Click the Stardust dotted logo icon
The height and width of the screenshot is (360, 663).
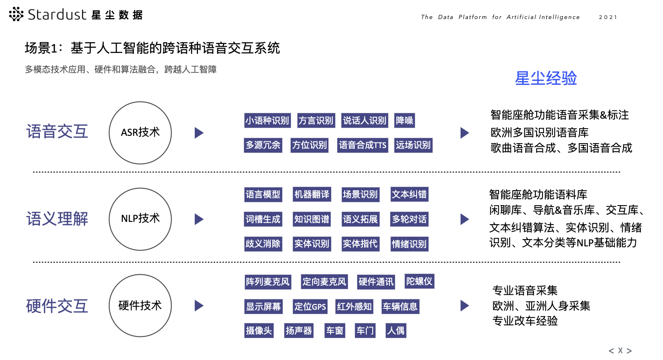(x=16, y=14)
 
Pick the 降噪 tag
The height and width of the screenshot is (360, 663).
(x=404, y=120)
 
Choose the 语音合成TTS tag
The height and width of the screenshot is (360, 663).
(x=363, y=145)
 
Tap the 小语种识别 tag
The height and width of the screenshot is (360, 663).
(x=267, y=120)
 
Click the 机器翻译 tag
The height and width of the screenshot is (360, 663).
(x=312, y=195)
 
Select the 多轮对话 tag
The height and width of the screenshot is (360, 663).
(x=409, y=219)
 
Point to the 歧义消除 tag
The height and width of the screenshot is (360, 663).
(x=263, y=244)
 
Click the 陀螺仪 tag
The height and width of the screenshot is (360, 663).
(x=419, y=281)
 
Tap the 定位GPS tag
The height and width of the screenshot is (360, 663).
(x=310, y=307)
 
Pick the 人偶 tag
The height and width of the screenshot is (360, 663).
(x=396, y=331)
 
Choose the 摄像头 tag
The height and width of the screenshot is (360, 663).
(x=259, y=331)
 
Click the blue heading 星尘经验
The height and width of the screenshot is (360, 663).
(x=546, y=78)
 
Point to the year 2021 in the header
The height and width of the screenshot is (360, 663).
(x=608, y=17)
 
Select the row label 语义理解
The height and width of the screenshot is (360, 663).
(x=57, y=219)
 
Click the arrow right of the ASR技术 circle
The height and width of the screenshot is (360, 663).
(x=199, y=133)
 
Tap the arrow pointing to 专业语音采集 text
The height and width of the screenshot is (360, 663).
(x=465, y=306)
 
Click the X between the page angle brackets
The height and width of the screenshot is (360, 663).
(x=620, y=350)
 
